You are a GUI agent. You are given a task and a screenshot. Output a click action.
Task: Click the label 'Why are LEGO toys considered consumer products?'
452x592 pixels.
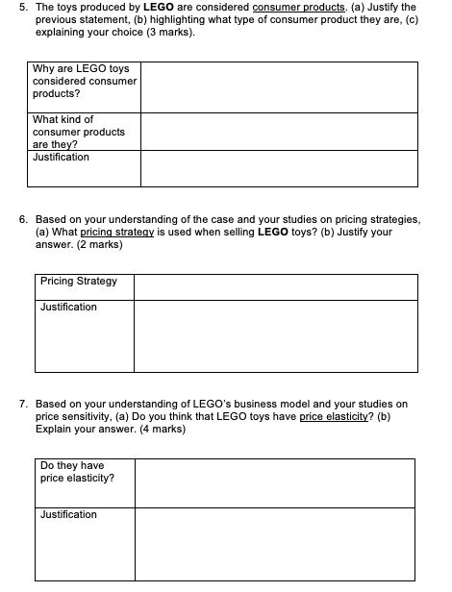point(81,82)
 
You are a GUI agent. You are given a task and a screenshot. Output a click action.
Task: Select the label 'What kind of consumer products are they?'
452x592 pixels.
point(78,132)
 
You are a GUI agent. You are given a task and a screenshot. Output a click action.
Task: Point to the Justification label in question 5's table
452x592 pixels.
point(61,157)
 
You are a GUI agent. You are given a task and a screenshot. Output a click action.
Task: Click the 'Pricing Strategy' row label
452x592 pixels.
point(79,282)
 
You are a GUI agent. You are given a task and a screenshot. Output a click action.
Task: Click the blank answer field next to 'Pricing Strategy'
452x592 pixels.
point(275,286)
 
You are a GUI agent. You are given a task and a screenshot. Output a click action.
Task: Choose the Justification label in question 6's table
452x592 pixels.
point(68,308)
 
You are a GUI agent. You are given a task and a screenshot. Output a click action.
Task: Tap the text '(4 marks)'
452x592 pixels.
point(160,430)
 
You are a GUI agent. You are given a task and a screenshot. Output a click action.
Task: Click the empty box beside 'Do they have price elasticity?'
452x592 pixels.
point(275,482)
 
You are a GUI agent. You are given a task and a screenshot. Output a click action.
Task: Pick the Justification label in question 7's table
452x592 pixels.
point(68,515)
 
